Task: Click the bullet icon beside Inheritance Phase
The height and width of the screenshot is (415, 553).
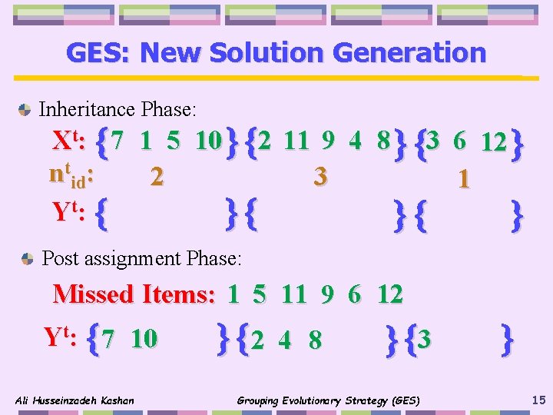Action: [25, 110]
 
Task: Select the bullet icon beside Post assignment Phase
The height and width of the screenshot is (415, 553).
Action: [28, 258]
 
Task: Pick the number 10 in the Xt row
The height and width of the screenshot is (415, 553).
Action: [208, 141]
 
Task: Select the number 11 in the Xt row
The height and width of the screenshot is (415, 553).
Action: [296, 141]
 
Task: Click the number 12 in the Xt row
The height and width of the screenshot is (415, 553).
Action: [493, 143]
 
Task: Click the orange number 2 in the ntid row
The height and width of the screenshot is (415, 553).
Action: [157, 177]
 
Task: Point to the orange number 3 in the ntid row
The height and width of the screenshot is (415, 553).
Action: [320, 177]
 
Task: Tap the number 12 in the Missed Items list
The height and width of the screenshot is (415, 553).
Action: [390, 294]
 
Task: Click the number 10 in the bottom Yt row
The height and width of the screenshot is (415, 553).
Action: [144, 338]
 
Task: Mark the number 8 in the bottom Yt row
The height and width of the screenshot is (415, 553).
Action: [315, 340]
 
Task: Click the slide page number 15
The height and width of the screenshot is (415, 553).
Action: [538, 400]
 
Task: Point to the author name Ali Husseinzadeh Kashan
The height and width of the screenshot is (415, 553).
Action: [75, 400]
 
